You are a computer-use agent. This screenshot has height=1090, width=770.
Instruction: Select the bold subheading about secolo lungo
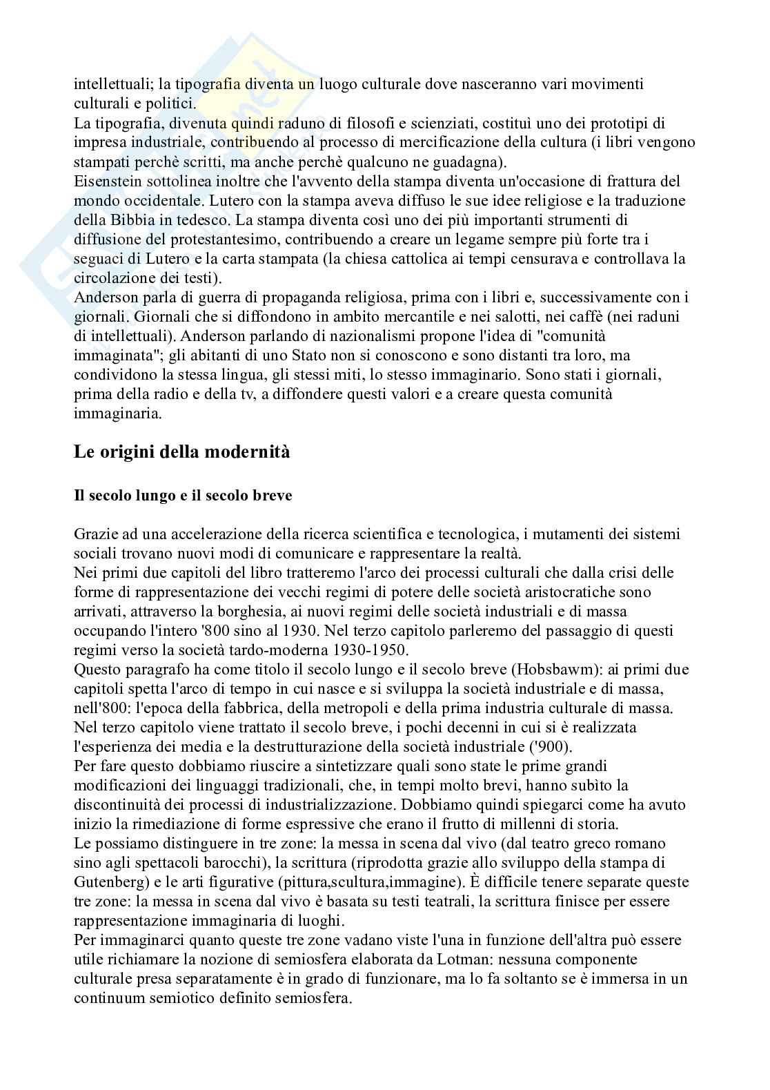183,496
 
